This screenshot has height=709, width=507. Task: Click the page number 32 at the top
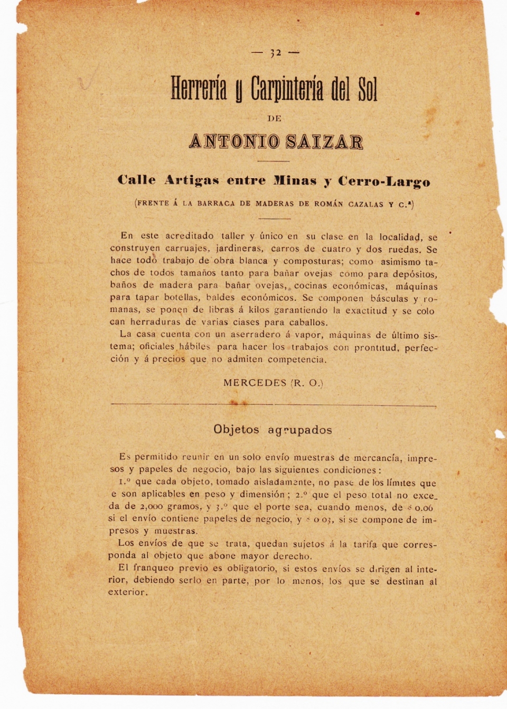point(275,52)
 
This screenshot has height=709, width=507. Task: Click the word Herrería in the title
point(199,89)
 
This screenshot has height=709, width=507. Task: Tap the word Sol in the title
point(367,90)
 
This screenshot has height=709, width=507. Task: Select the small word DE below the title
point(275,118)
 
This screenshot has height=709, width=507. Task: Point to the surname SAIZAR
point(324,142)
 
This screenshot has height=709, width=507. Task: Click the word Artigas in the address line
point(191,180)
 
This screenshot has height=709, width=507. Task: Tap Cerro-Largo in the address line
point(384,181)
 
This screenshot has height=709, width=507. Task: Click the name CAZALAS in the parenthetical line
point(365,204)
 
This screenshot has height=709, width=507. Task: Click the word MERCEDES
point(255,382)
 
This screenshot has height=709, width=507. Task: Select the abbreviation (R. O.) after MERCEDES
point(307,383)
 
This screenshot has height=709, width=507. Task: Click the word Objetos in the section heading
point(236,429)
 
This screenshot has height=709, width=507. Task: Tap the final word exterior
point(128,592)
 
